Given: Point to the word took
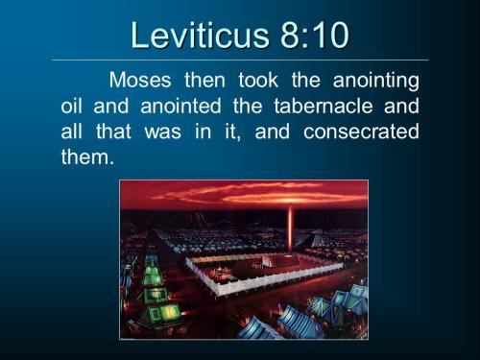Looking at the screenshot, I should (x=239, y=80).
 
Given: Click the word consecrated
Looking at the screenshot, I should (x=361, y=132).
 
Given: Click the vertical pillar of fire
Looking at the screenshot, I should (x=290, y=227).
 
